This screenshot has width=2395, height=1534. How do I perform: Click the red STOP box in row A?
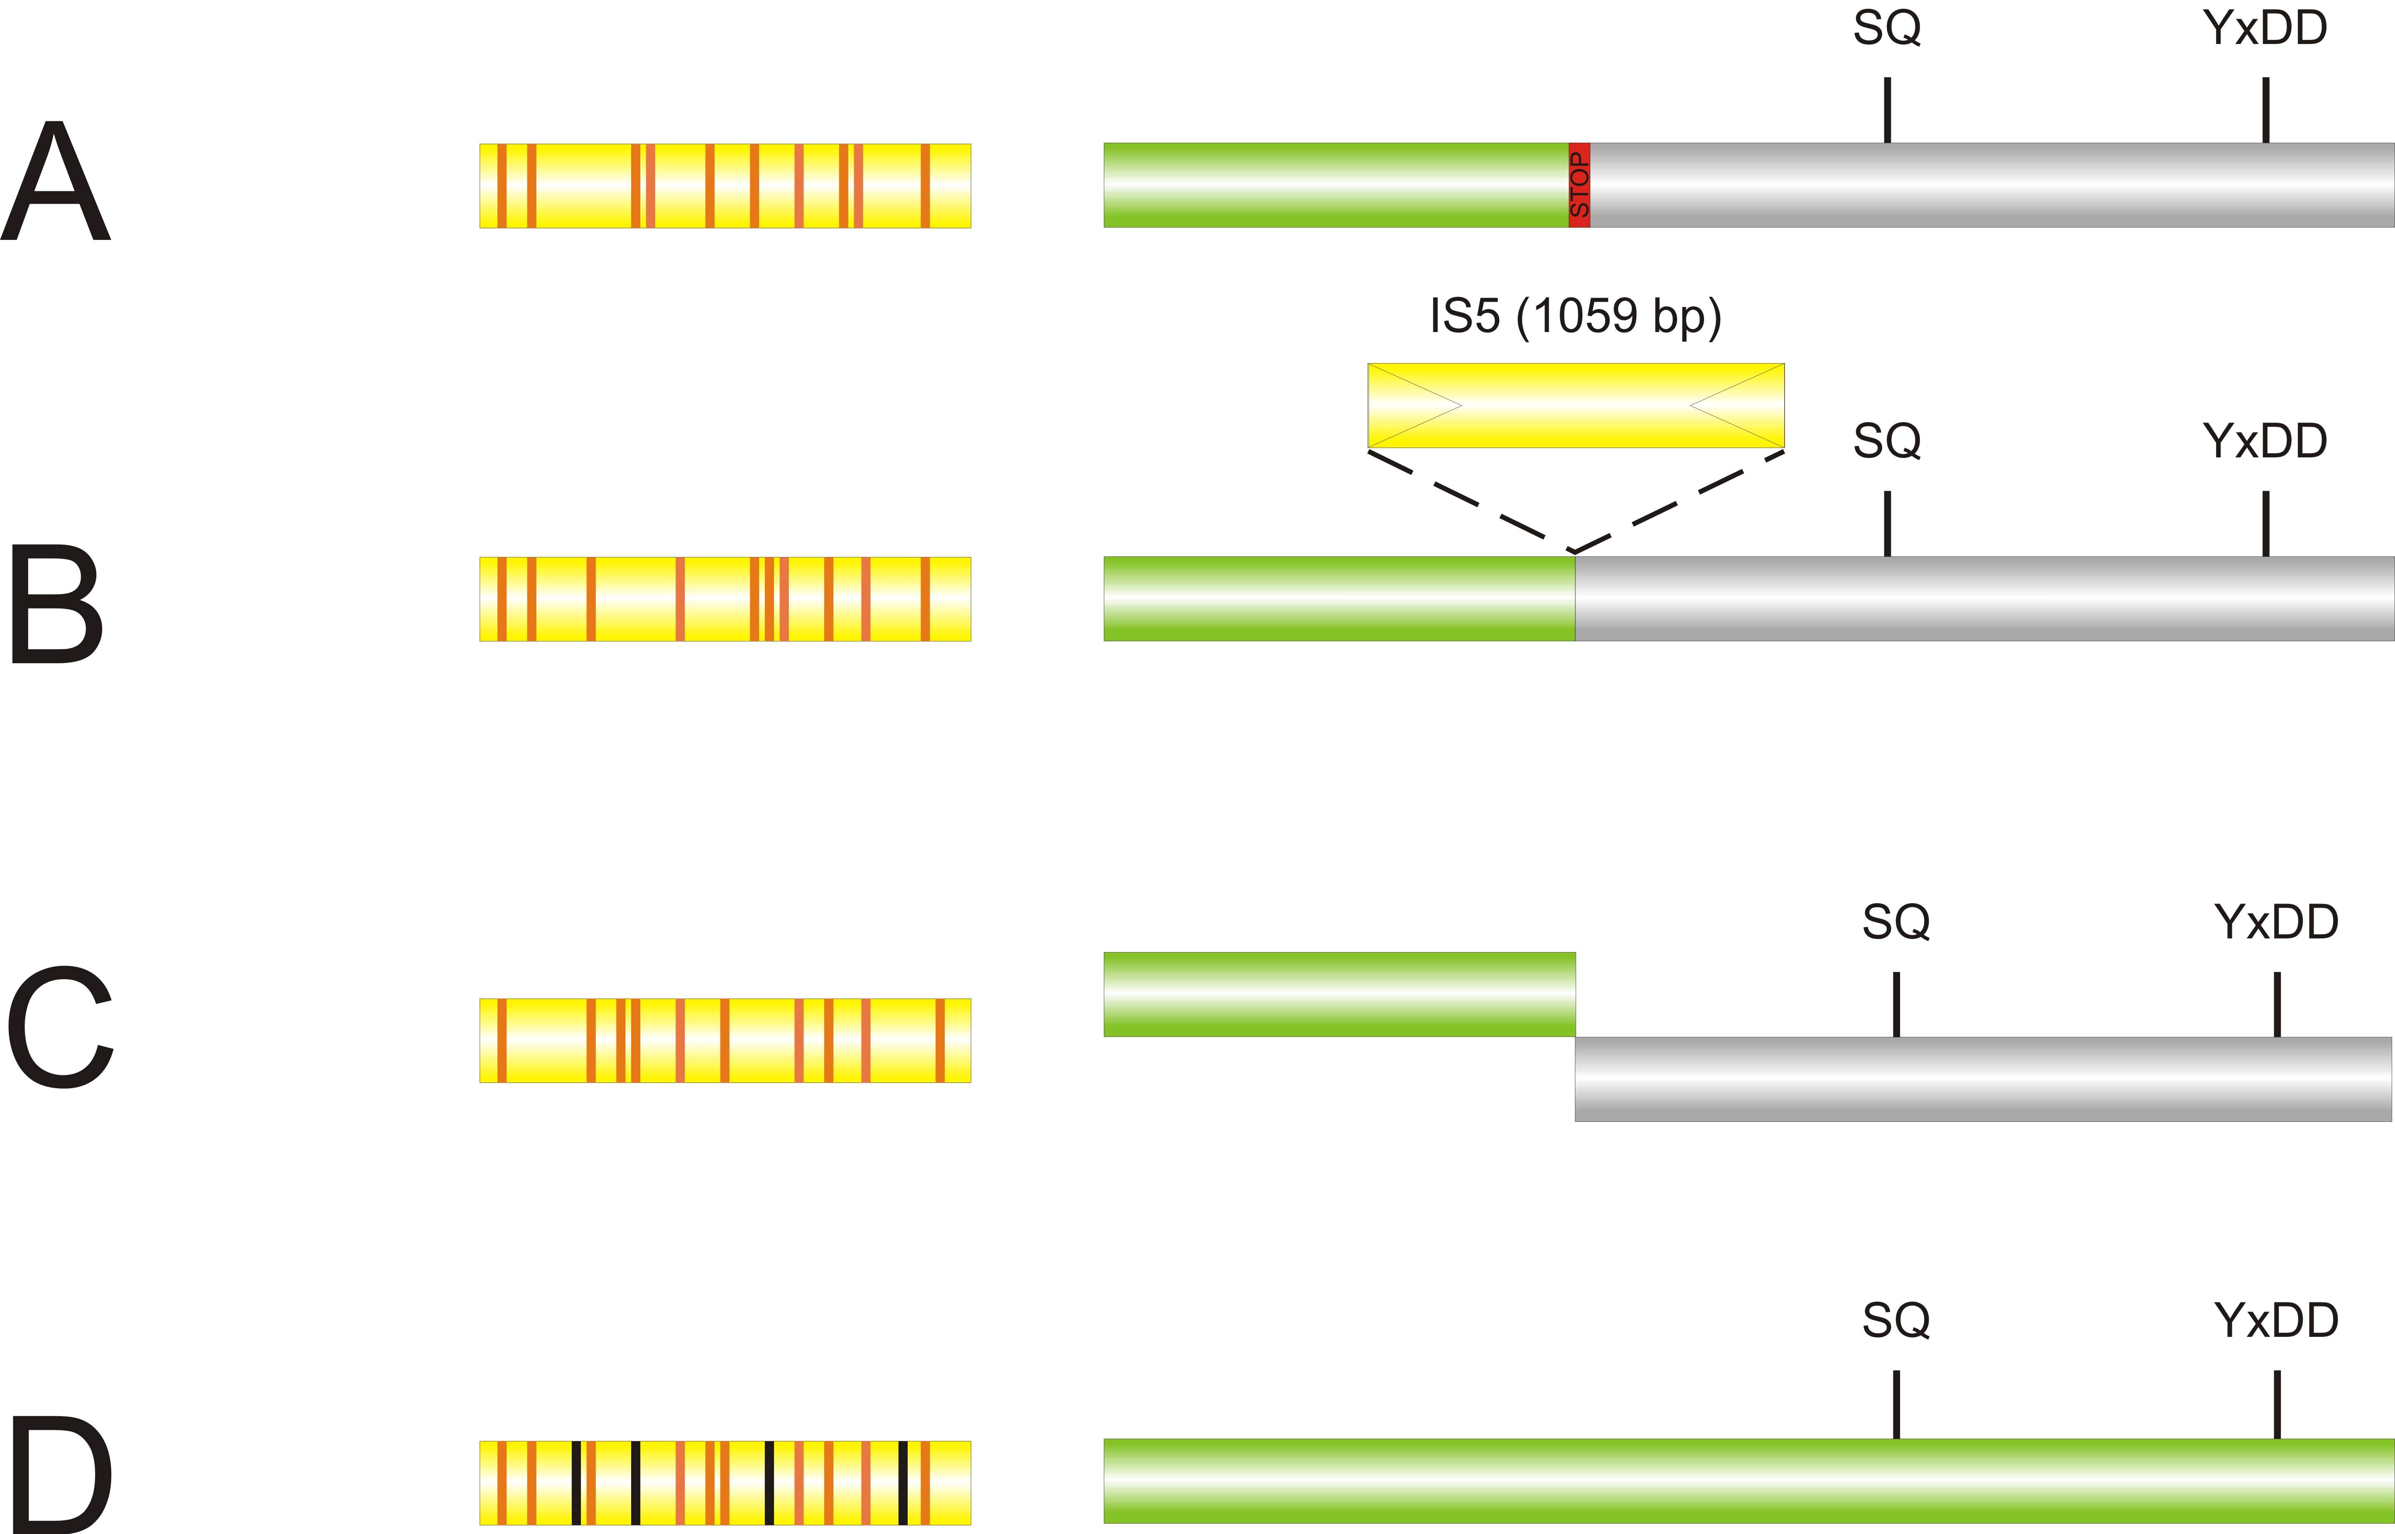coord(1579,185)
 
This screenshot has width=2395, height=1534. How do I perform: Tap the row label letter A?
coord(56,181)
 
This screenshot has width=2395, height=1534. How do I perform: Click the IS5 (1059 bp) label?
coord(1575,317)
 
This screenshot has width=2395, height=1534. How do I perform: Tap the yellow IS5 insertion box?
coord(1576,405)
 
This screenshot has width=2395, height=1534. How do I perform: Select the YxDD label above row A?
coord(2265,28)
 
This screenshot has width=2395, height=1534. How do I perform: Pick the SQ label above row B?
coord(1887,440)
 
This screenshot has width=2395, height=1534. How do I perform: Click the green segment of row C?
coord(1340,994)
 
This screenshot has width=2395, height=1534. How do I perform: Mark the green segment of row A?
coord(1336,185)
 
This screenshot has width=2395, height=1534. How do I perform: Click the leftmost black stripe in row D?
coord(576,1482)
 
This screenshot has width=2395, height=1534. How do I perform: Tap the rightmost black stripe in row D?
coord(903,1482)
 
